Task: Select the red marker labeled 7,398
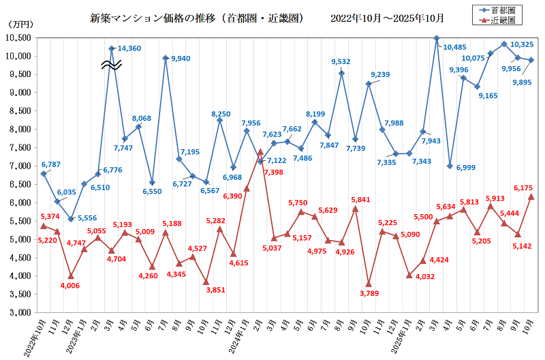click(260, 151)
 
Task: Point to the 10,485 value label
click(456, 47)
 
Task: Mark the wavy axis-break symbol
click(112, 65)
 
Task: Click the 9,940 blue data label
click(181, 59)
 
